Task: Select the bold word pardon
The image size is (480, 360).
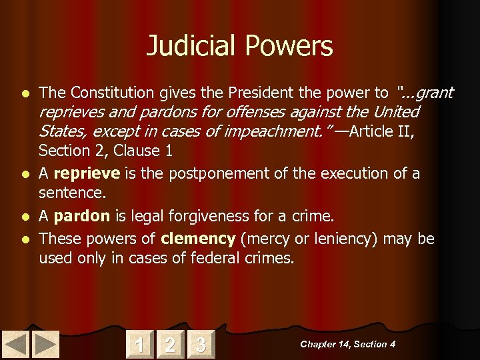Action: (81, 217)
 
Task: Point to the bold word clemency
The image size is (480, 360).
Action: (198, 239)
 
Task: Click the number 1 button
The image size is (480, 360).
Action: (139, 344)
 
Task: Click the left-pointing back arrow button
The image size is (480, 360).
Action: (16, 344)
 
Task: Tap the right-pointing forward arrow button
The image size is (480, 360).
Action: (45, 344)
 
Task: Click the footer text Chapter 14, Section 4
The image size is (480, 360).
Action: (347, 344)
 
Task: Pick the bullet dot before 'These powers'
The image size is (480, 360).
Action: (25, 239)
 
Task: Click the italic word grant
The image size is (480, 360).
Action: (434, 92)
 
